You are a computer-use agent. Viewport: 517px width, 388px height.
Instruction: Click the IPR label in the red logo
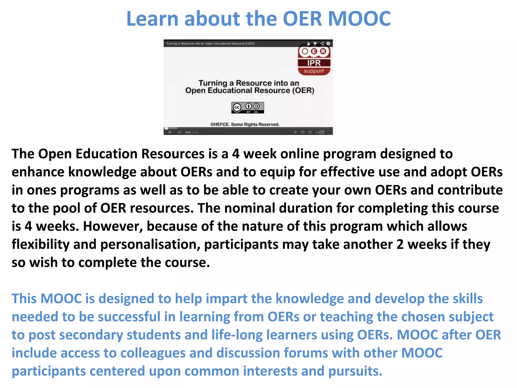(x=314, y=63)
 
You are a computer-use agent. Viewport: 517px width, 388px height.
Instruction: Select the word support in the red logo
(x=314, y=71)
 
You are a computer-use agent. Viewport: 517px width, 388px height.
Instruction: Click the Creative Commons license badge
(x=247, y=108)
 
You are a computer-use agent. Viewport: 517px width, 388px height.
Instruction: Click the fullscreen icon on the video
(x=329, y=132)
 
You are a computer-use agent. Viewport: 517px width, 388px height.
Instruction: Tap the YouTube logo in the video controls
(x=320, y=132)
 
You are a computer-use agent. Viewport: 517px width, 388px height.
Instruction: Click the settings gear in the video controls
(x=310, y=132)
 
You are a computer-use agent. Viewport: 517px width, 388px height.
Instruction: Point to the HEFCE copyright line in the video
(x=245, y=124)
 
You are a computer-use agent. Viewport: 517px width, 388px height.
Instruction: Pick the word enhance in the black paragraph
(x=38, y=172)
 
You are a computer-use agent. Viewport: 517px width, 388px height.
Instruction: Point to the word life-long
(x=237, y=335)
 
